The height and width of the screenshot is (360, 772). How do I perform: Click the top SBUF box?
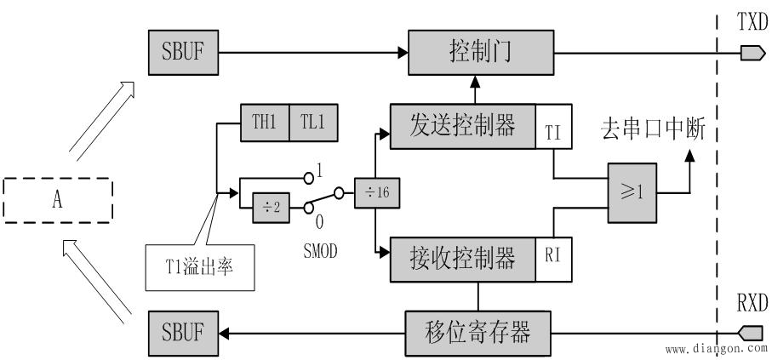pyautogui.click(x=183, y=53)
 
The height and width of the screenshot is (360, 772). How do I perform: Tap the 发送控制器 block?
pyautogui.click(x=464, y=128)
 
